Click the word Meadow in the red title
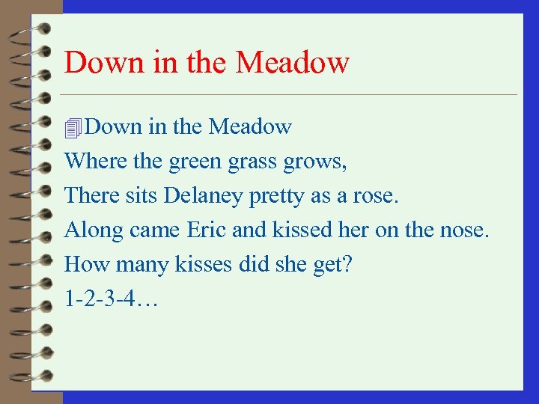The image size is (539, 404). (292, 62)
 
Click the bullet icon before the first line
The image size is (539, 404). (73, 128)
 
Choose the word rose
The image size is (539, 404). (380, 196)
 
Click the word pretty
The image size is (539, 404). (269, 196)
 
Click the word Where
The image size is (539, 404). (90, 161)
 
